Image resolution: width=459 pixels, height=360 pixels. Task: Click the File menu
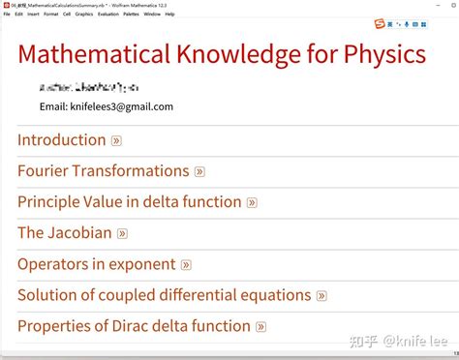tap(7, 15)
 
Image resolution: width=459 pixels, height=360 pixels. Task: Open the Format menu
tap(50, 15)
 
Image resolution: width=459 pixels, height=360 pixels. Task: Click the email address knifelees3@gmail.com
tap(107, 106)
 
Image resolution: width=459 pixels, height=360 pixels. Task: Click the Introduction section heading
tap(62, 140)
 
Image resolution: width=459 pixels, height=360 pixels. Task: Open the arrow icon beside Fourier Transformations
tap(199, 172)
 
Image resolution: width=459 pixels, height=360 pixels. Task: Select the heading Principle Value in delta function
tap(129, 202)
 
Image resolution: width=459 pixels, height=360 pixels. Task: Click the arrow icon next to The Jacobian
tap(122, 234)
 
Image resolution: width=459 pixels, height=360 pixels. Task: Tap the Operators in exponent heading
tap(97, 264)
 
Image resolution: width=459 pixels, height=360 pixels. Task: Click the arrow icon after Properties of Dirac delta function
tap(260, 327)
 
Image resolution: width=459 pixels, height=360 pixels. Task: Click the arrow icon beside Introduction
tap(116, 141)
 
